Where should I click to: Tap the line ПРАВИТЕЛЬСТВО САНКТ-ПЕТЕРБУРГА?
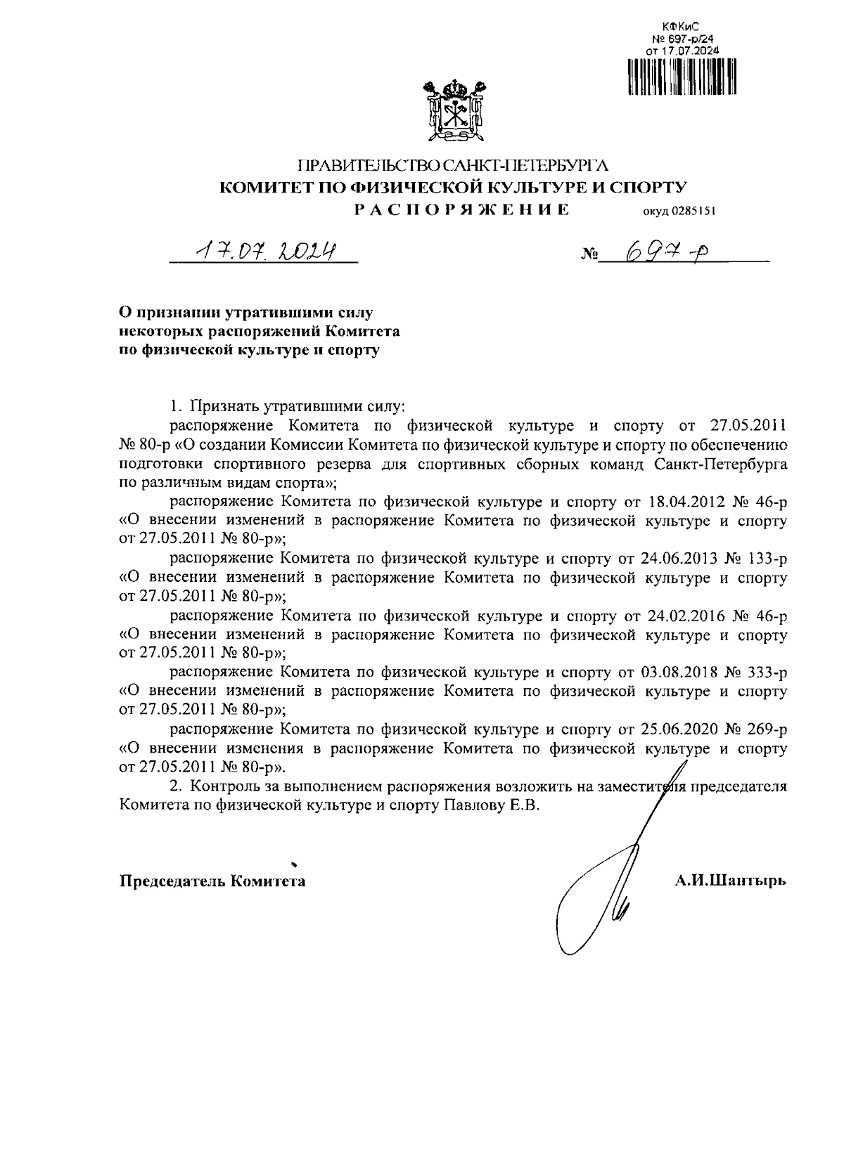[x=453, y=167]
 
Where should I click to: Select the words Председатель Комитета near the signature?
[x=212, y=881]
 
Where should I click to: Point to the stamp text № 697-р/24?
[x=683, y=39]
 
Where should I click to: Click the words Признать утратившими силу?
[x=298, y=406]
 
